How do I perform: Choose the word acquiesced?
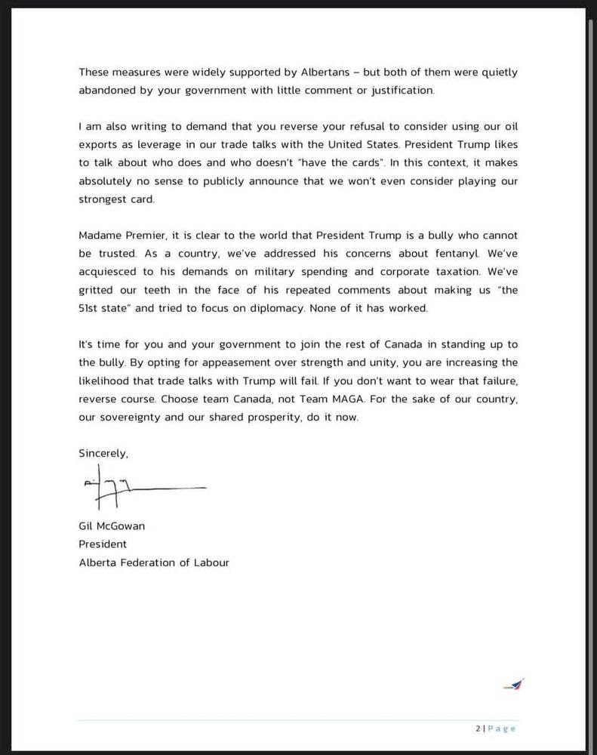pos(107,272)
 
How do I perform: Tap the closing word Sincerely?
pos(103,454)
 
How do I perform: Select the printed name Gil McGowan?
pos(112,526)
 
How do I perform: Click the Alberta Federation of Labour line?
pos(154,562)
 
